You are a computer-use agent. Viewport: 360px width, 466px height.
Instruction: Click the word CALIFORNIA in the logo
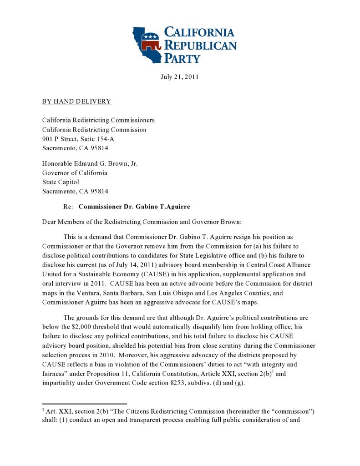point(199,32)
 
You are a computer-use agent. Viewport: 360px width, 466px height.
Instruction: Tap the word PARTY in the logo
point(182,58)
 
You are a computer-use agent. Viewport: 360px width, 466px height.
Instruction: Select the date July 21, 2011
point(179,76)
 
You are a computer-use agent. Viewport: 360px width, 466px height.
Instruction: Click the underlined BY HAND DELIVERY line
point(76,101)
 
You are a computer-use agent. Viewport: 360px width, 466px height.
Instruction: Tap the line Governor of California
point(75,173)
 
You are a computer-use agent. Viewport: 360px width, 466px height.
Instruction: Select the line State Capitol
point(61,182)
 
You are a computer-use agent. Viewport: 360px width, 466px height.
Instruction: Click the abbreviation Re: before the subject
point(68,207)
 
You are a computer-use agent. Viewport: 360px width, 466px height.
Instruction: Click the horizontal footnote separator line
point(84,404)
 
